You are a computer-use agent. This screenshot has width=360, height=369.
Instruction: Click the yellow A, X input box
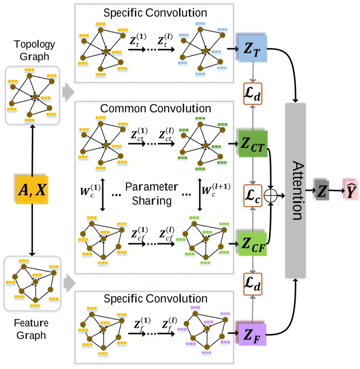[x=31, y=189]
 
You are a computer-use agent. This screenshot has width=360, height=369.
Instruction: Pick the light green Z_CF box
[x=253, y=245]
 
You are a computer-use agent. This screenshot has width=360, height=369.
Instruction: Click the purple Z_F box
[x=252, y=334]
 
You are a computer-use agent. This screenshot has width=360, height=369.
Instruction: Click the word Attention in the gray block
[x=295, y=190]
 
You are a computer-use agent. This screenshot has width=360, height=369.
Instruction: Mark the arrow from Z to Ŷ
[x=336, y=190]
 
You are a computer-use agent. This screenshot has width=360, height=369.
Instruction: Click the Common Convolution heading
[x=155, y=109]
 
